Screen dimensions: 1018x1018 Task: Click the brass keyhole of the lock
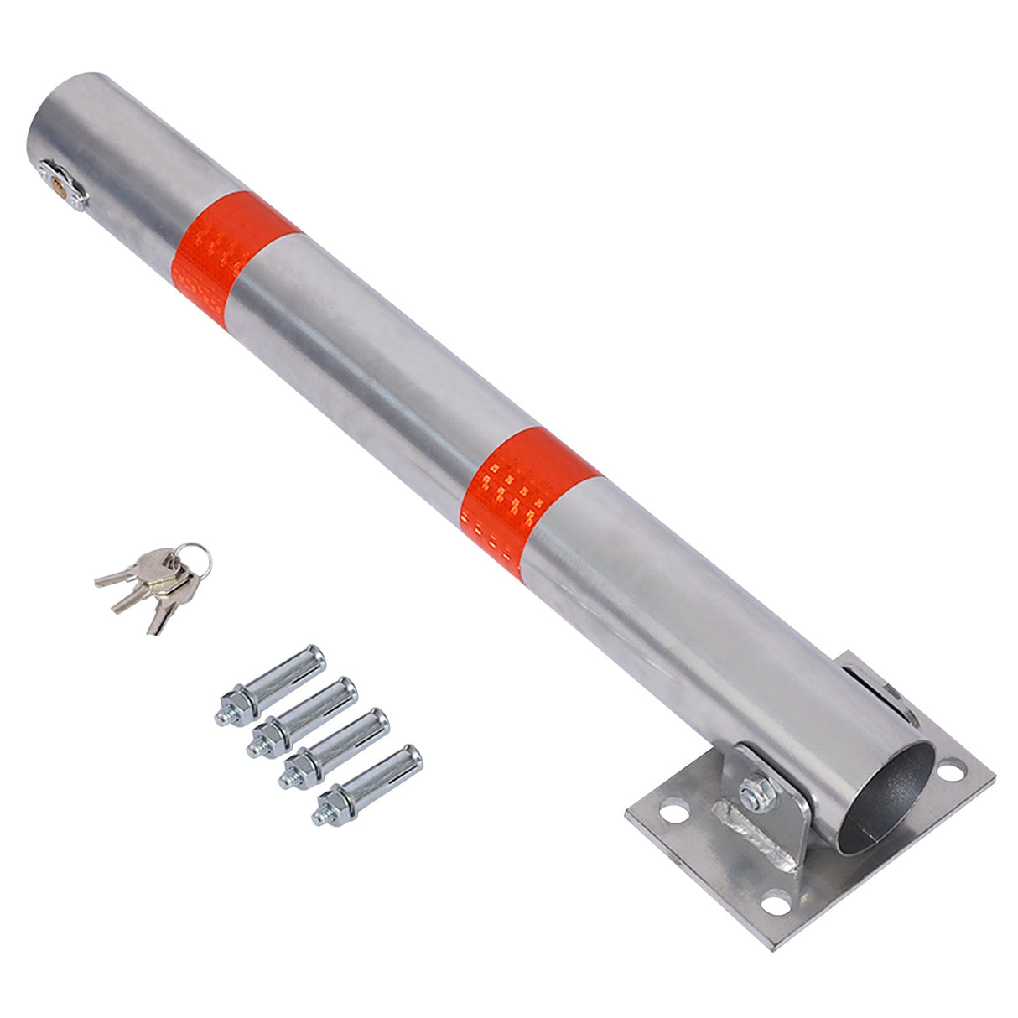pos(57,179)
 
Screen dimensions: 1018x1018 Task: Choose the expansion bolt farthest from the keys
pos(369,784)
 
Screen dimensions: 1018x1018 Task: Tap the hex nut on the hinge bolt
pos(753,791)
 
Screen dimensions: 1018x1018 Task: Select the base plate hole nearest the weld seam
pos(671,812)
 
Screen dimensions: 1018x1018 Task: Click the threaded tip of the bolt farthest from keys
pos(319,816)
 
